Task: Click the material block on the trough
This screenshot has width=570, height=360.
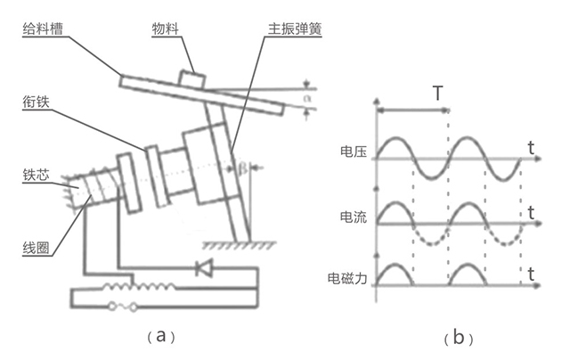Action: pos(191,78)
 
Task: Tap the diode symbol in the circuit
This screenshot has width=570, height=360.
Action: pos(204,268)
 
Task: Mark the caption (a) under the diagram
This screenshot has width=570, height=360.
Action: pos(160,335)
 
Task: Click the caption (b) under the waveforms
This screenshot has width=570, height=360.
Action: pos(457,338)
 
